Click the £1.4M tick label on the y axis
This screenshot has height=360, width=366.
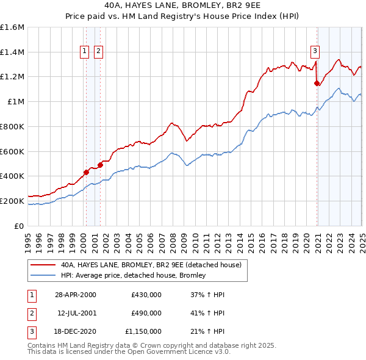pyautogui.click(x=12, y=52)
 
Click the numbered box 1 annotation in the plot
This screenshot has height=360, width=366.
pyautogui.click(x=84, y=51)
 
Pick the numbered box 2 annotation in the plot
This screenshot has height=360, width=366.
pyautogui.click(x=98, y=51)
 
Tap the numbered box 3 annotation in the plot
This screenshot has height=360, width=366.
pyautogui.click(x=315, y=51)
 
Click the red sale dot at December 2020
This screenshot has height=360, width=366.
pyautogui.click(x=317, y=83)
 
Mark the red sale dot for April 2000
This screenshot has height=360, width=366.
pyautogui.click(x=87, y=172)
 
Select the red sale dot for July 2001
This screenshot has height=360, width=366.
pyautogui.click(x=100, y=165)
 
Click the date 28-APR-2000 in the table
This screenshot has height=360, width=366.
pyautogui.click(x=75, y=295)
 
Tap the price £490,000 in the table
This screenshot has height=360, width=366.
pyautogui.click(x=146, y=313)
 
